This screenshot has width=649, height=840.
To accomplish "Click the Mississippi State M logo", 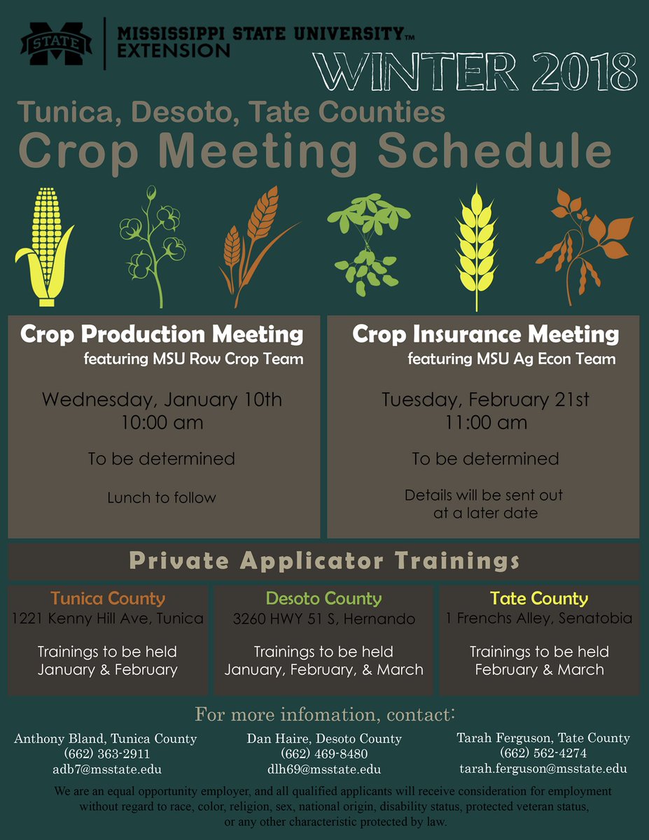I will (56, 44).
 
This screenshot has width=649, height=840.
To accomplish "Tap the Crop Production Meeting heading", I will (162, 334).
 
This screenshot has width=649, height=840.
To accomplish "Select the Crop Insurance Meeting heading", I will (485, 334).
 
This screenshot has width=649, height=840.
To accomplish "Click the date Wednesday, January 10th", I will (162, 400).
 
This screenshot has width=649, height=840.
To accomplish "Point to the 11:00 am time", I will (485, 423).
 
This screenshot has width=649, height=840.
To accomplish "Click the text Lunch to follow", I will (162, 498).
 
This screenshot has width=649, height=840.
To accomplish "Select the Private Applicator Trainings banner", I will (324, 561).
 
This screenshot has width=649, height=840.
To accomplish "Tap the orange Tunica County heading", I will (108, 598).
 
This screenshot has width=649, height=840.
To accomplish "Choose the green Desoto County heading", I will (324, 598).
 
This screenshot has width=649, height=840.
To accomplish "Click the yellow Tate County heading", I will (539, 598).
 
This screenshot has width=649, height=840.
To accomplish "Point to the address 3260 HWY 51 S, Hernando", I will (324, 619).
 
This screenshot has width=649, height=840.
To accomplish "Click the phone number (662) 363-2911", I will (106, 754).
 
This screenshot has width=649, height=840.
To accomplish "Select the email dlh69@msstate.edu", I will (324, 769).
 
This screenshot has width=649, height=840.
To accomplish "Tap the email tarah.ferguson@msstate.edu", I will (543, 769).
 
